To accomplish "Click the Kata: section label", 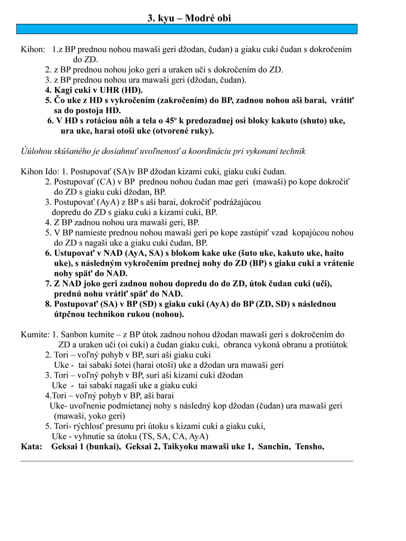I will tap(31, 446).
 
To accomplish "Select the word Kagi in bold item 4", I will tap(63, 90).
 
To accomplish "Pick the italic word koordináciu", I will tap(197, 151).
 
